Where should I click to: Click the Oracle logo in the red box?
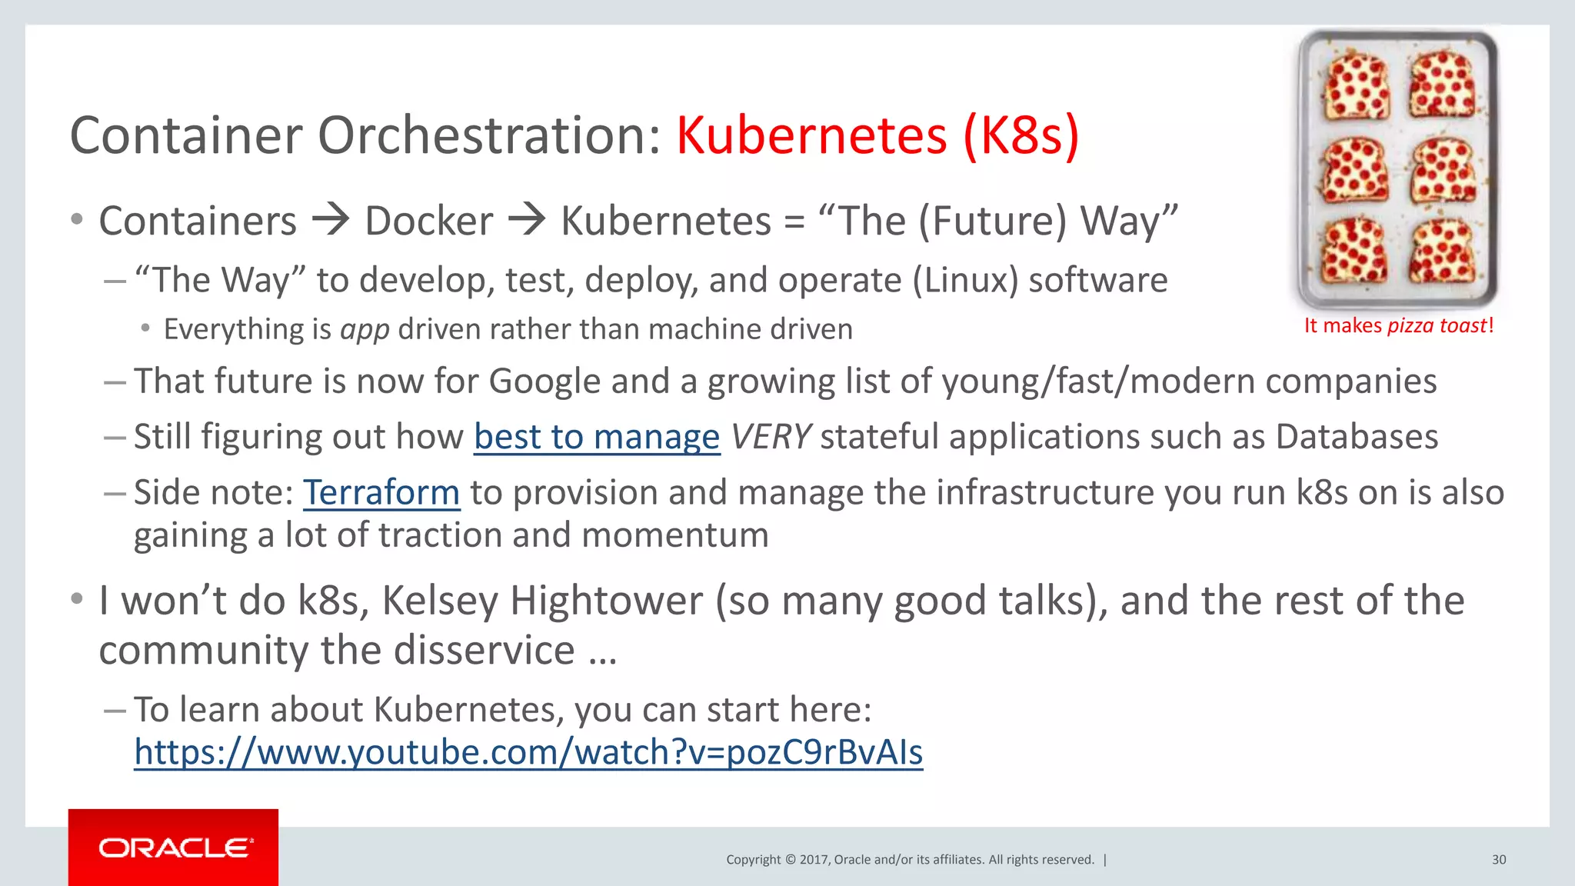click(175, 848)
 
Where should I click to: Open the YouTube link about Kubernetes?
click(528, 752)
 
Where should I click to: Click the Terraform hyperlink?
click(381, 493)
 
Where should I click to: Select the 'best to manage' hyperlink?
click(597, 437)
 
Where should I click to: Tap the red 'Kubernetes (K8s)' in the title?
click(877, 136)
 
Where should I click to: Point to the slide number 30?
click(1499, 860)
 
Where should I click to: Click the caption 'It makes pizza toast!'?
click(1398, 325)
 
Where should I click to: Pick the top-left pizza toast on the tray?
click(1355, 86)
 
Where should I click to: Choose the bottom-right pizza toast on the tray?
click(1443, 252)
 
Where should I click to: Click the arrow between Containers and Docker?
click(331, 220)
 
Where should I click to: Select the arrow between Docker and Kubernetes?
click(527, 220)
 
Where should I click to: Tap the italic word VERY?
click(770, 437)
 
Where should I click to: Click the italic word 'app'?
click(365, 330)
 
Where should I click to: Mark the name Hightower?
click(606, 601)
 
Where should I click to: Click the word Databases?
click(1357, 437)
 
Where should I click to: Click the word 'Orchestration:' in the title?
click(489, 136)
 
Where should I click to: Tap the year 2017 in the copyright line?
click(814, 860)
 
